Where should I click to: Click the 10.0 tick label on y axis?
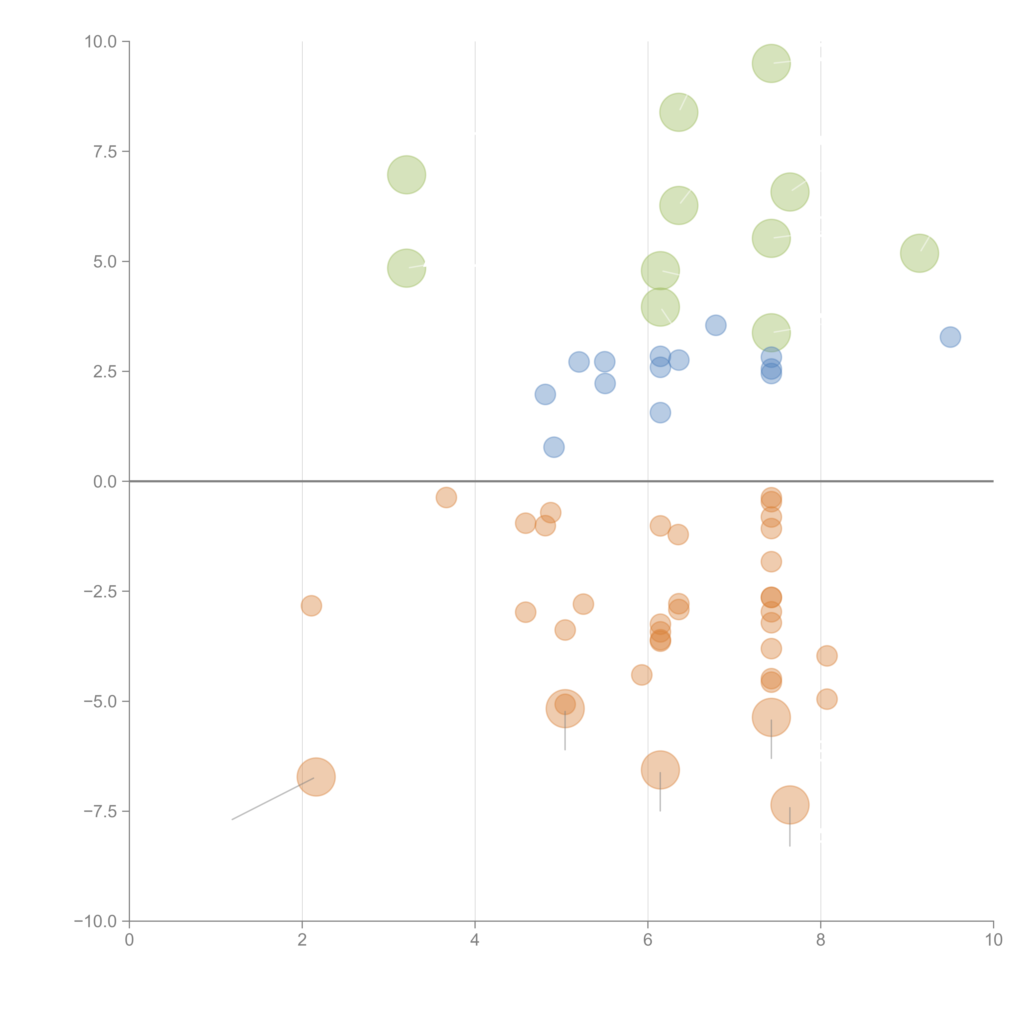tap(101, 42)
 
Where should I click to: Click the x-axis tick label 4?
tap(475, 940)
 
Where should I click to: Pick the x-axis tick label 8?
tap(820, 940)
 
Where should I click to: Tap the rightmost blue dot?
tap(950, 337)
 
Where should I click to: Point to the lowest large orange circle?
tap(790, 805)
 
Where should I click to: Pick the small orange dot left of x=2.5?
tap(311, 606)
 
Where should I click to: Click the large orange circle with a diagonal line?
tap(316, 777)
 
